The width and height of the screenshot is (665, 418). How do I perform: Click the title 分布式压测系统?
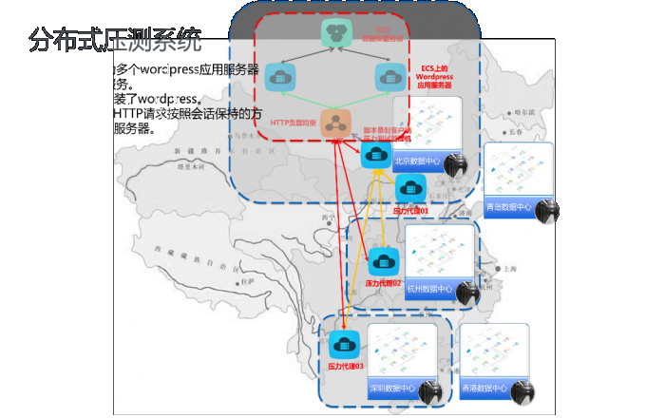pyautogui.click(x=115, y=41)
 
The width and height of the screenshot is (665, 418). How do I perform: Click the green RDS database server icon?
pyautogui.click(x=335, y=32)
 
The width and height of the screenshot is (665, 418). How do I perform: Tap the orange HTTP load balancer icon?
pyautogui.click(x=334, y=122)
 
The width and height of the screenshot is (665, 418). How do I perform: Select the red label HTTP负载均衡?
pyautogui.click(x=294, y=123)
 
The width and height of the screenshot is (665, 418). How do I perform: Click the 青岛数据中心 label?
pyautogui.click(x=508, y=207)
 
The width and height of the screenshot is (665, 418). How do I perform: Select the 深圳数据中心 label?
pyautogui.click(x=391, y=388)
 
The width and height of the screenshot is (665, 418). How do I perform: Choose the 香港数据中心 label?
pyautogui.click(x=484, y=388)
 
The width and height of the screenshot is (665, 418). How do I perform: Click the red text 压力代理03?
pyautogui.click(x=345, y=366)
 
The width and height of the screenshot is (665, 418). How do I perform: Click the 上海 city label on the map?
pyautogui.click(x=511, y=269)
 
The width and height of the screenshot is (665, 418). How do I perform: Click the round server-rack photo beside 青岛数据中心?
pyautogui.click(x=546, y=211)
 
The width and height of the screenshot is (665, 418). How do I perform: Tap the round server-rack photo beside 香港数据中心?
pyautogui.click(x=522, y=391)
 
